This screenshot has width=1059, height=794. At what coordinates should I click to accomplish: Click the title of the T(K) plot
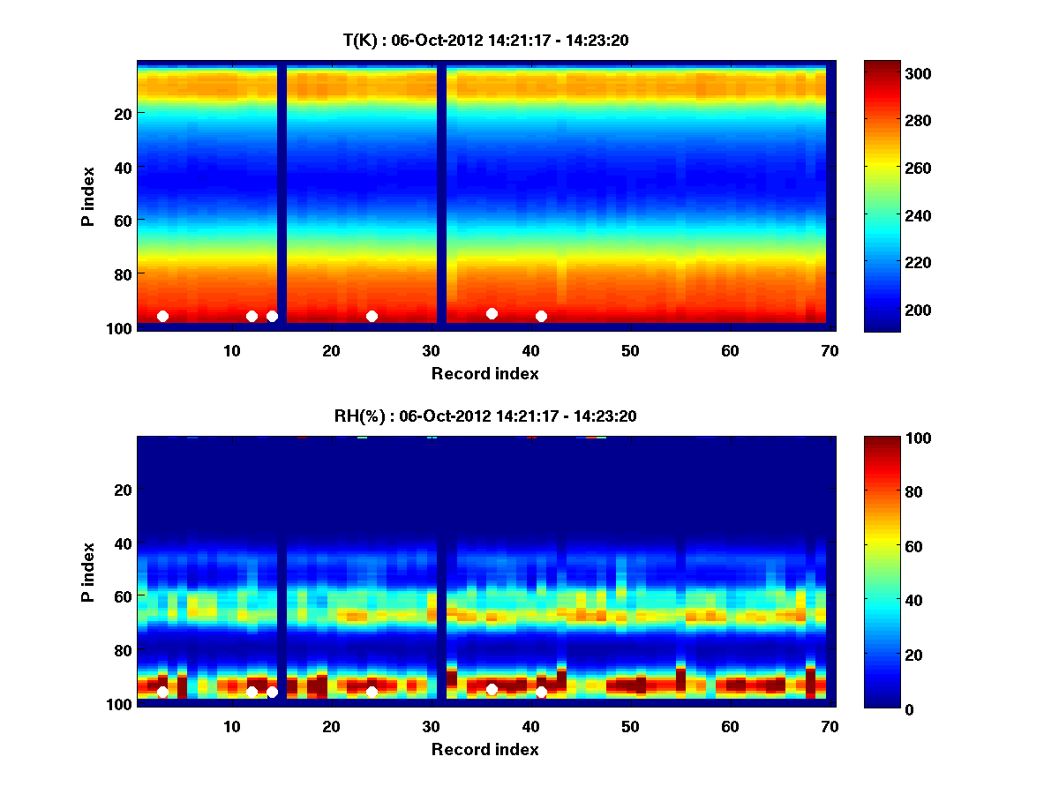[484, 40]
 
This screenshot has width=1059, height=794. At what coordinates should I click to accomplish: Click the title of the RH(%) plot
[484, 416]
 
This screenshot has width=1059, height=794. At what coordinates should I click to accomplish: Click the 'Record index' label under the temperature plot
[484, 373]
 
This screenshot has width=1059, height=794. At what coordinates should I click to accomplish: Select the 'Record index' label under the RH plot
[484, 749]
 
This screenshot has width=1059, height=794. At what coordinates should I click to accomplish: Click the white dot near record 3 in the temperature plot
[162, 316]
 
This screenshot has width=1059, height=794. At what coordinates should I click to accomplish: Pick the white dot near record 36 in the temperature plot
[492, 313]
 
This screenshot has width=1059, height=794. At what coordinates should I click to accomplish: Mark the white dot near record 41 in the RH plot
[541, 692]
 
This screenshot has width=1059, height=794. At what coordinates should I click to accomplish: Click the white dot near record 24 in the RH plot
[372, 692]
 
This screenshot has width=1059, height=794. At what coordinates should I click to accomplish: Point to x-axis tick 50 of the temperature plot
[630, 350]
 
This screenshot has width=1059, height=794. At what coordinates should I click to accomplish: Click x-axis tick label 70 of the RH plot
[830, 726]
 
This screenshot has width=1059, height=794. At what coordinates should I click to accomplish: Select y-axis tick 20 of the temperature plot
[122, 113]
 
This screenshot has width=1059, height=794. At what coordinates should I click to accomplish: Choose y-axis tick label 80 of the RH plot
[122, 650]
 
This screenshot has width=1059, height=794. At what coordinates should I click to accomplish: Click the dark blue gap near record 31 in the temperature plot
[441, 194]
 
